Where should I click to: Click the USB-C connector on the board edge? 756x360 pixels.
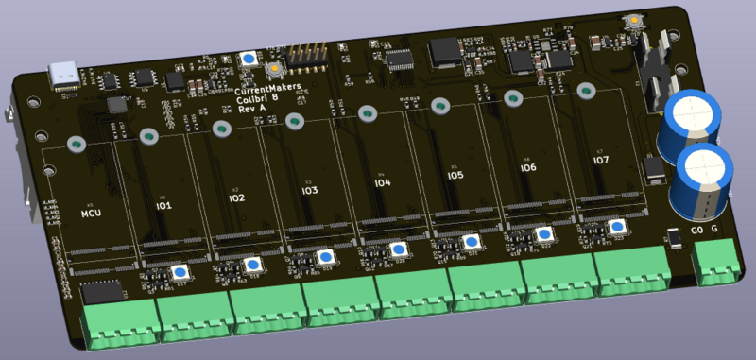(x=66, y=75)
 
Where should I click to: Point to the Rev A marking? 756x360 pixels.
(x=250, y=109)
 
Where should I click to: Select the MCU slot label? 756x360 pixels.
(x=91, y=214)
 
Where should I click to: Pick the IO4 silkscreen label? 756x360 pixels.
(x=382, y=183)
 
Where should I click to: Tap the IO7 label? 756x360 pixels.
(x=600, y=161)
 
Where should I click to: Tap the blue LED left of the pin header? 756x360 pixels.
(x=249, y=59)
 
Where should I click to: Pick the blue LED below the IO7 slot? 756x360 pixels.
(x=616, y=228)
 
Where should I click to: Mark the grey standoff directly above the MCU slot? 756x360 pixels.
(x=76, y=145)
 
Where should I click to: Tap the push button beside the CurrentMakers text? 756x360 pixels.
(x=274, y=69)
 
